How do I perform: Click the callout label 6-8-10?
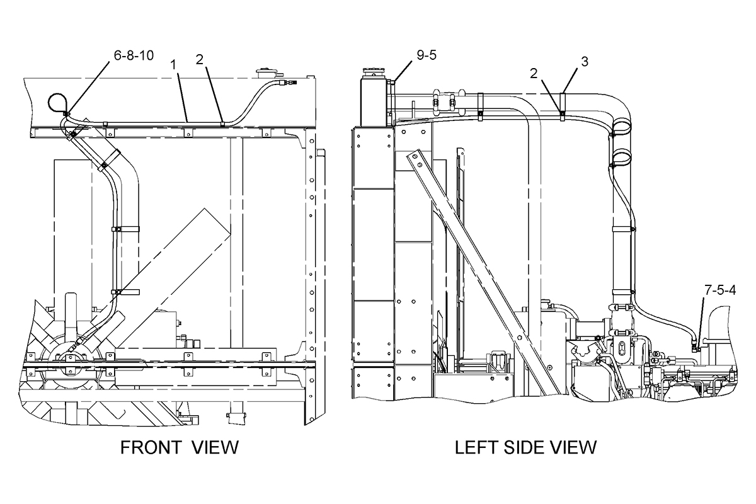click(x=134, y=55)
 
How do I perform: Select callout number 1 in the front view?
click(x=173, y=65)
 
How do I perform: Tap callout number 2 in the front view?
click(x=200, y=60)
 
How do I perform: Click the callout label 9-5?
click(x=427, y=55)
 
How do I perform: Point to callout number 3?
click(x=585, y=62)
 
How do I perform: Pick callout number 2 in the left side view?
click(x=534, y=73)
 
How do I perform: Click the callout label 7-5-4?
click(x=720, y=290)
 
